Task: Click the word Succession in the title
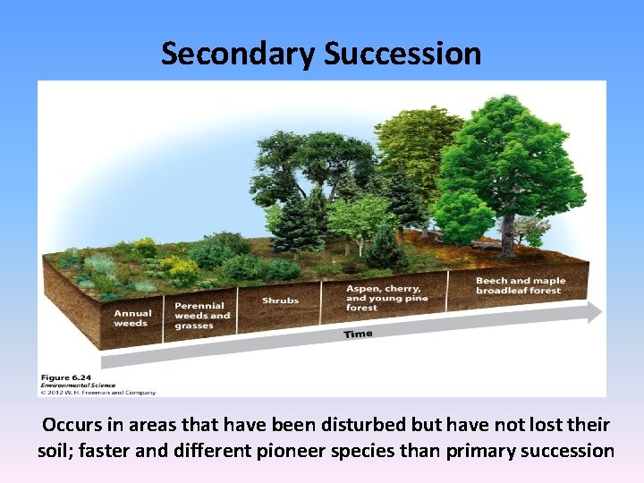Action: pyautogui.click(x=402, y=54)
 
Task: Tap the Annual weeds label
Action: pyautogui.click(x=131, y=318)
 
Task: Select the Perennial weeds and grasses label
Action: pyautogui.click(x=201, y=316)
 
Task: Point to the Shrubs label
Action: pyautogui.click(x=280, y=301)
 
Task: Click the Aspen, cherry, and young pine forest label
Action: pyautogui.click(x=386, y=298)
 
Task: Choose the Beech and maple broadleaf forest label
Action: pyautogui.click(x=520, y=285)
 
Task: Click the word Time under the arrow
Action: pyautogui.click(x=359, y=334)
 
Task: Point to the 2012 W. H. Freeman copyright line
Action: pyautogui.click(x=98, y=392)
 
